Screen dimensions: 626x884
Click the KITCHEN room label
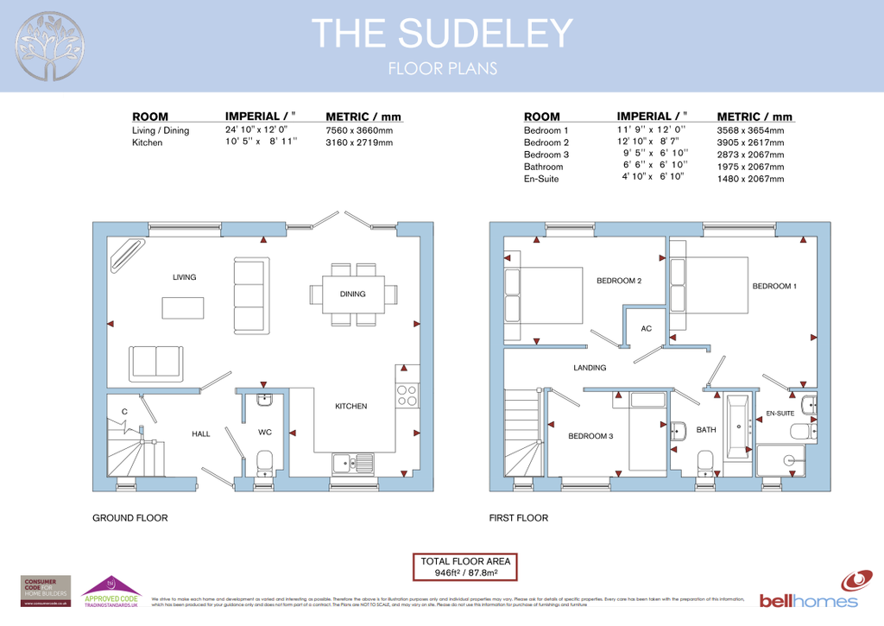tap(350, 406)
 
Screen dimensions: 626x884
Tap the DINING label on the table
tap(352, 294)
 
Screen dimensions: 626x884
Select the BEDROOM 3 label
tap(590, 436)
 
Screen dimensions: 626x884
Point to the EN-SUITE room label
tap(780, 414)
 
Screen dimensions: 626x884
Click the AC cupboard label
tap(646, 329)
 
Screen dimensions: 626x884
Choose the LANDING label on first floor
tap(590, 368)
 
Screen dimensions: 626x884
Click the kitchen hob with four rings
tap(406, 395)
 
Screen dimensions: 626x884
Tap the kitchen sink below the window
tap(352, 463)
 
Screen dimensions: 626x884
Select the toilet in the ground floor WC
tap(265, 461)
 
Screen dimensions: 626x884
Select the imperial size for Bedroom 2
tap(648, 142)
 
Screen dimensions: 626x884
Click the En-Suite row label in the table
tap(541, 179)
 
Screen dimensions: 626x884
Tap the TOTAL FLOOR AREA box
tap(466, 566)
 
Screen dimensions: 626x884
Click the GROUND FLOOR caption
tap(129, 518)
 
